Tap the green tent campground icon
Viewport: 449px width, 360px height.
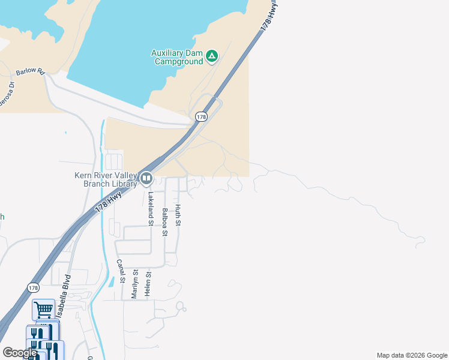[x=211, y=56]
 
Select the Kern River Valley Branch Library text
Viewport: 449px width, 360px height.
[x=103, y=179]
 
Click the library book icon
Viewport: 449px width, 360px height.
[x=146, y=178]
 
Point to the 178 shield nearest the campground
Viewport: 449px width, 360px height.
[x=201, y=117]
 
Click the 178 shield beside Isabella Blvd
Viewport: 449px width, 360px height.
[x=33, y=287]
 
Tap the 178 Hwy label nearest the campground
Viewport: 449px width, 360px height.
[x=270, y=16]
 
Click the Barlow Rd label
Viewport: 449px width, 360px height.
[x=31, y=72]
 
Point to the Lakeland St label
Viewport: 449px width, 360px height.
[x=151, y=208]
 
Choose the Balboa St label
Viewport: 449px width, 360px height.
[x=164, y=223]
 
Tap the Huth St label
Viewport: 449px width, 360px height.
[x=178, y=215]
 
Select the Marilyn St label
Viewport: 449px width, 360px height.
[x=135, y=283]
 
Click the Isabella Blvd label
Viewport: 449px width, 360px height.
[x=64, y=295]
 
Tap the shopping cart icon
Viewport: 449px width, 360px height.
[x=43, y=310]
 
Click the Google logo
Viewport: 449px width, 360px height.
[x=20, y=353]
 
